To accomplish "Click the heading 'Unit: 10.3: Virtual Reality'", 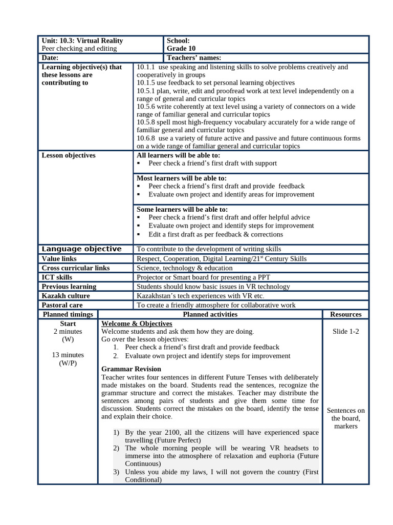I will [x=82, y=41].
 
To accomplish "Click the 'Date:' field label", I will [x=50, y=58].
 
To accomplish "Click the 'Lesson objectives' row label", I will [x=68, y=155].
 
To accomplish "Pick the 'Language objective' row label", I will [x=81, y=249].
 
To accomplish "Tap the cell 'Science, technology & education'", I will [x=185, y=268].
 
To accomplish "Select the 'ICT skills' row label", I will [x=57, y=277].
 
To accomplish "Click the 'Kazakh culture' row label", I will [x=65, y=296].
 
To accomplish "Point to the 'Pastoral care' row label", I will [x=62, y=305].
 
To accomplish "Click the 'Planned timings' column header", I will [x=68, y=314].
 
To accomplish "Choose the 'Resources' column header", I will [x=345, y=314].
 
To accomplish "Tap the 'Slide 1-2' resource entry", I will [x=345, y=332].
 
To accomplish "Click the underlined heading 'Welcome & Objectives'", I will [x=137, y=324].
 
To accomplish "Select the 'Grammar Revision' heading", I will [x=131, y=369].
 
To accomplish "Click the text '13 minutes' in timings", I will [x=68, y=355].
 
